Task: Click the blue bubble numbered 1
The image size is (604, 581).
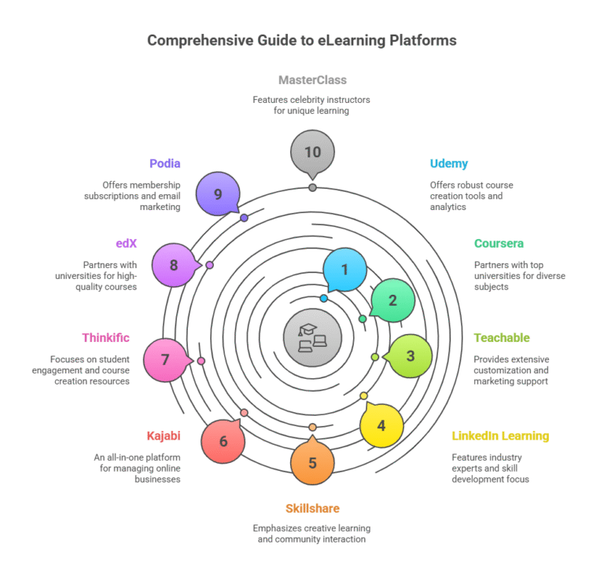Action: (344, 270)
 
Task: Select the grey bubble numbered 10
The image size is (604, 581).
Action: (312, 152)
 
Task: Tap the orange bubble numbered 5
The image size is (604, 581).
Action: (312, 462)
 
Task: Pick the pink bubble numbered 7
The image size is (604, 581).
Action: (165, 360)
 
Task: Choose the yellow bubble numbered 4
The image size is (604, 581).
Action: (381, 426)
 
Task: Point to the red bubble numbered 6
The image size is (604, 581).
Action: (223, 441)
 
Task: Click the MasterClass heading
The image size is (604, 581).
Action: (312, 80)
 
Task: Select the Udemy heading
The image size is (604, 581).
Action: (449, 164)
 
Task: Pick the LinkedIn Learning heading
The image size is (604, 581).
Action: (500, 436)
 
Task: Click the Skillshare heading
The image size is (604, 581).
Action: (312, 509)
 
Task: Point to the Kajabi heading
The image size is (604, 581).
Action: (164, 436)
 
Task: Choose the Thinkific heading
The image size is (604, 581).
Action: (105, 338)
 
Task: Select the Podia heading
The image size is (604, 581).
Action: (165, 164)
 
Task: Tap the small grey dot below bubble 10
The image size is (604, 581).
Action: (312, 187)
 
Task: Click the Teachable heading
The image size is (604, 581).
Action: (502, 338)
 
